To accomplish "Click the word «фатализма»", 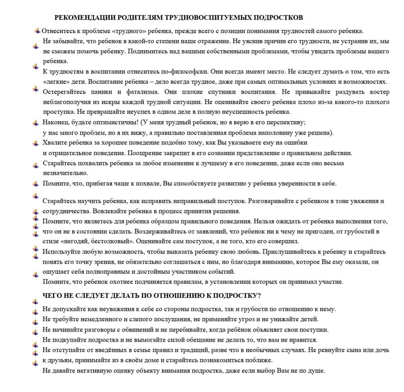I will coord(140,92).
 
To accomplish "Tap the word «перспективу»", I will coord(289,122).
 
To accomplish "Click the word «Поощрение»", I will coord(146,153).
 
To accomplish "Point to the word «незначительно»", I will coord(65,173).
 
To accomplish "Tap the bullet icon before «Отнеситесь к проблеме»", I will coord(37,30).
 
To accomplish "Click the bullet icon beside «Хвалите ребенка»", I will coord(35,143).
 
